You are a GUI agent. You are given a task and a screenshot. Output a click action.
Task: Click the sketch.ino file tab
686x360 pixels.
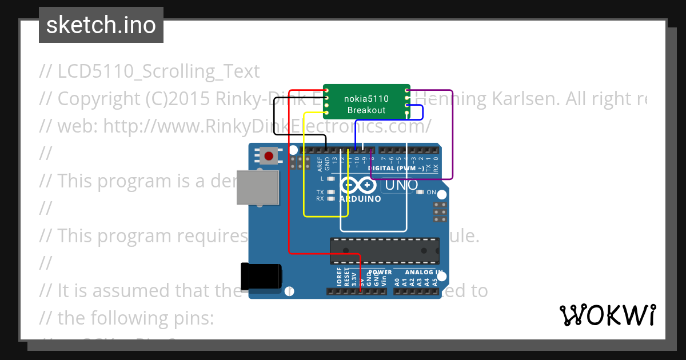pos(101,25)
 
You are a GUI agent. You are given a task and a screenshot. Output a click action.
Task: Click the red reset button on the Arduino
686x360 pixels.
pos(269,155)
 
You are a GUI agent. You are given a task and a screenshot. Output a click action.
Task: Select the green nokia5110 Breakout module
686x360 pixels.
pos(366,102)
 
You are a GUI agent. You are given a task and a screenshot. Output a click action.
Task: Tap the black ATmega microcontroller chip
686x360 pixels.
pos(384,251)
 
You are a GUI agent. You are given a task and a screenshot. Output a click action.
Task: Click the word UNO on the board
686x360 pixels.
pos(401,185)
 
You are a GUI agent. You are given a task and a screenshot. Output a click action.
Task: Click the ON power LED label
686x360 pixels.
pos(431,192)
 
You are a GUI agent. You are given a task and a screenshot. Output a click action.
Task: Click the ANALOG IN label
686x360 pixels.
pos(424,273)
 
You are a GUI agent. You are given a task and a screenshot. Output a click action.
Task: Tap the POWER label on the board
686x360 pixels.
pos(380,273)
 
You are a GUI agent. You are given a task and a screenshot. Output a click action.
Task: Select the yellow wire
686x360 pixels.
pos(304,171)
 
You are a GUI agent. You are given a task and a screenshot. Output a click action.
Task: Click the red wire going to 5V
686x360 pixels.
pos(290,171)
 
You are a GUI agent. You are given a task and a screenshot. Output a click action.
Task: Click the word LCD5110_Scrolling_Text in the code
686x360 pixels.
pos(158,71)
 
